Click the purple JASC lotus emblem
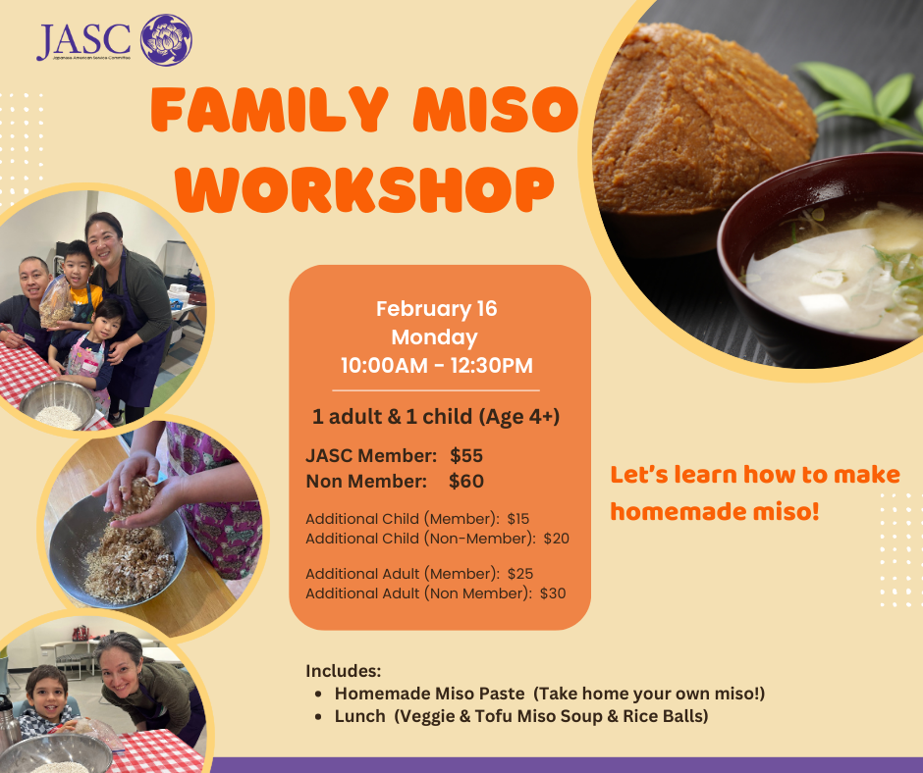point(166,40)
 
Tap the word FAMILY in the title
point(270,110)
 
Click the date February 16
point(437,309)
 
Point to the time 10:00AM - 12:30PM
point(437,365)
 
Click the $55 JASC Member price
point(466,455)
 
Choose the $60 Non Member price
point(466,482)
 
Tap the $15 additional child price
point(518,519)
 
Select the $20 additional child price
point(557,539)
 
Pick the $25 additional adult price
point(520,574)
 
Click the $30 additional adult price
point(553,593)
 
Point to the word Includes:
point(344,671)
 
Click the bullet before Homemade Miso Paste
point(318,695)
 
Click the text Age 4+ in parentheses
point(518,417)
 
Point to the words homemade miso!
point(715,511)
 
